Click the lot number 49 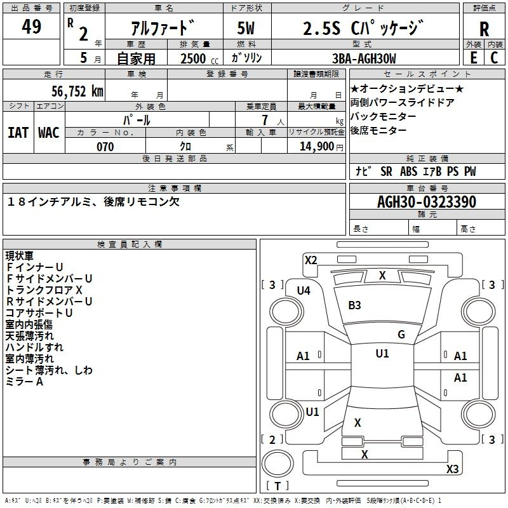point(31,27)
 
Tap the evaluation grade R point(484,29)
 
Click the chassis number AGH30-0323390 point(426,202)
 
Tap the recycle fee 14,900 point(321,147)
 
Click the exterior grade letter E point(473,58)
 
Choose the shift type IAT point(18,133)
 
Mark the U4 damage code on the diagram point(304,291)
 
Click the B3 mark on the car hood point(354,305)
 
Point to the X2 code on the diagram point(311,260)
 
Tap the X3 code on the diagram point(452,469)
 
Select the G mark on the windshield point(401,335)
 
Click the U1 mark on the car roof point(382,354)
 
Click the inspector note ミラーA point(25,382)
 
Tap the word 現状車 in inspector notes point(20,256)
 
